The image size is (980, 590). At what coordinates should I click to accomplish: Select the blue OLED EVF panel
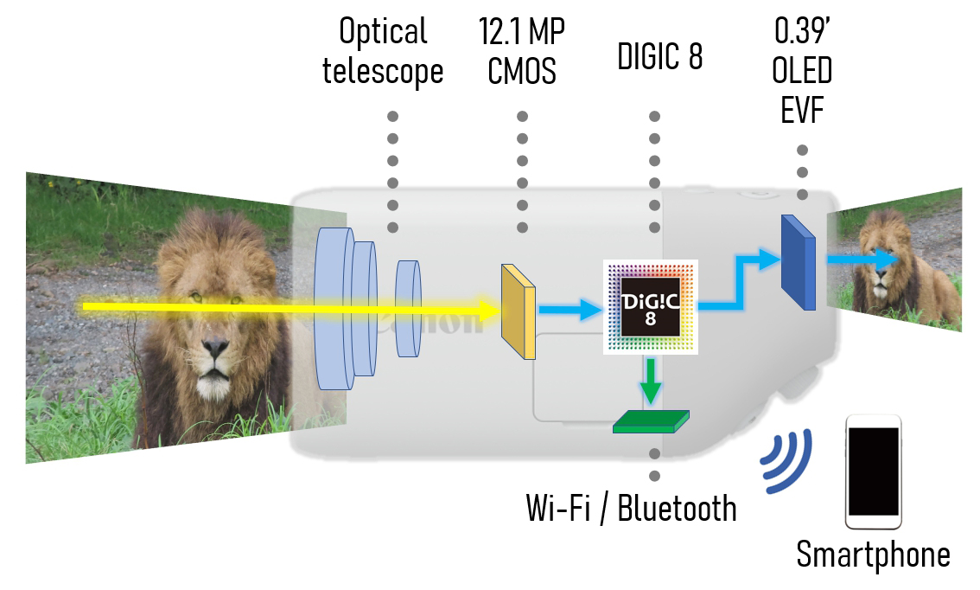(x=798, y=263)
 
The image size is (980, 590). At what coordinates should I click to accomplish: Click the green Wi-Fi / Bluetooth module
(x=651, y=421)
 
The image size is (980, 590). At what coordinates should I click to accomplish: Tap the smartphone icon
(x=873, y=471)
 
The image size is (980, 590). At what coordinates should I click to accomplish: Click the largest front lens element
(x=334, y=309)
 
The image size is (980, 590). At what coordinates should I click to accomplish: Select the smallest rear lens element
(x=409, y=307)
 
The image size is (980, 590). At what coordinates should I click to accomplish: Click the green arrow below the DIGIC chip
(x=650, y=380)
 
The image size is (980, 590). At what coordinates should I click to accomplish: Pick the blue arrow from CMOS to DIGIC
(x=568, y=308)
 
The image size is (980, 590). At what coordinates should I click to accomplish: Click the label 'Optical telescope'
(x=383, y=53)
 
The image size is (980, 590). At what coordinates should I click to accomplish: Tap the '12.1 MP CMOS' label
(x=522, y=53)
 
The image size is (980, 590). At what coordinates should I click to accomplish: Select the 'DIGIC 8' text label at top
(x=659, y=56)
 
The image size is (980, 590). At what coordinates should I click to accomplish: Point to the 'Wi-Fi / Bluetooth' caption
(x=632, y=508)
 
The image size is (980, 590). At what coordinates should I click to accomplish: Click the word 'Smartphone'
(x=873, y=555)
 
